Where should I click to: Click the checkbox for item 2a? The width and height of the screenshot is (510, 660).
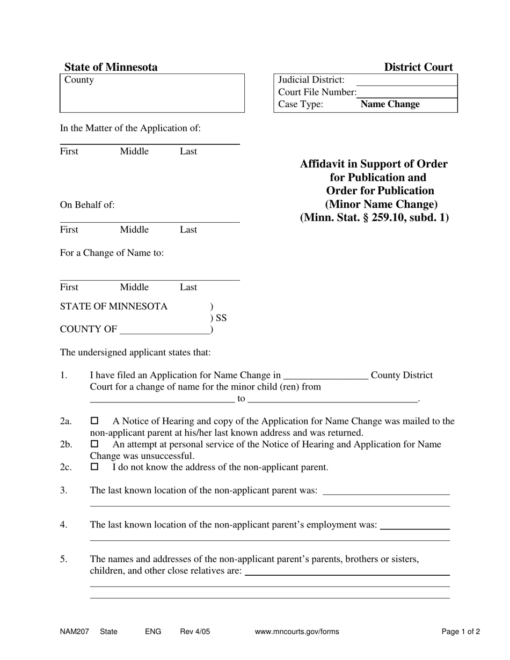tap(95, 421)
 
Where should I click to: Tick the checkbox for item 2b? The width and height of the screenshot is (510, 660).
tap(95, 444)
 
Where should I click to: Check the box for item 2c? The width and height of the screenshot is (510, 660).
tap(95, 467)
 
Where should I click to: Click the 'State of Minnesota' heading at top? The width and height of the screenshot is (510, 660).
tap(111, 67)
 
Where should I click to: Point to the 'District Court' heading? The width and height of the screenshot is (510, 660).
tap(418, 67)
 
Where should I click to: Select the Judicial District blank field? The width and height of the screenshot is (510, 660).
tap(406, 80)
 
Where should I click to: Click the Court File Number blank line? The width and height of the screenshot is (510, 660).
tap(407, 92)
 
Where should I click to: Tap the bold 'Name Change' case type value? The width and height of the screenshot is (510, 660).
tap(390, 104)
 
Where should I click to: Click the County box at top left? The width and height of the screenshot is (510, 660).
tap(152, 93)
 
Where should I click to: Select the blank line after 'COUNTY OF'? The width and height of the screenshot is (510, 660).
tap(164, 329)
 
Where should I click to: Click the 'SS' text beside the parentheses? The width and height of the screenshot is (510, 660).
tap(221, 318)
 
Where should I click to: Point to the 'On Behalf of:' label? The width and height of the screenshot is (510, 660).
tap(87, 204)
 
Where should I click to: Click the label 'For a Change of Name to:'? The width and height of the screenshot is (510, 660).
tap(112, 253)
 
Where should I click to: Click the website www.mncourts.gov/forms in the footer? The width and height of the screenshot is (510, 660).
tap(297, 632)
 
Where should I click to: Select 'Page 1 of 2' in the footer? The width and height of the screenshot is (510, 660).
tap(461, 632)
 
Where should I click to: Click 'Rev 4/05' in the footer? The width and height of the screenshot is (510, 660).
tap(195, 632)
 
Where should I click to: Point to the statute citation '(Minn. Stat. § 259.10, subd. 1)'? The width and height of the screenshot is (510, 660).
tap(374, 217)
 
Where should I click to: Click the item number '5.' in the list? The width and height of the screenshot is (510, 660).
tap(64, 559)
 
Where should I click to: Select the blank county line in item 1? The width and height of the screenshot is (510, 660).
tap(325, 376)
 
